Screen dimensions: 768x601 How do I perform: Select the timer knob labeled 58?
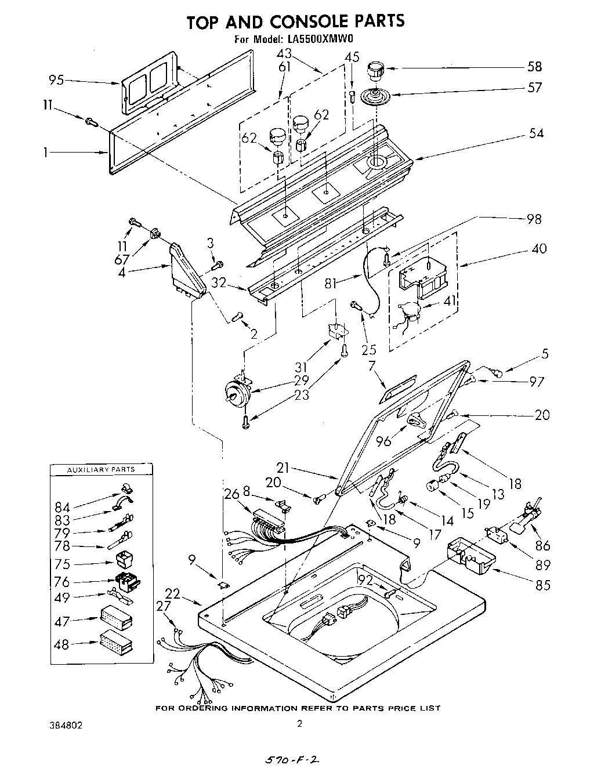pyautogui.click(x=375, y=73)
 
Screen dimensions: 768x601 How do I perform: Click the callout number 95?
pyautogui.click(x=57, y=80)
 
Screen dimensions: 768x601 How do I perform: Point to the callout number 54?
pyautogui.click(x=536, y=133)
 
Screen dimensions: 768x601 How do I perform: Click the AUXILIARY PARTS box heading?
pyautogui.click(x=102, y=469)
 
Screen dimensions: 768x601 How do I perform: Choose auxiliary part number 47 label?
pyautogui.click(x=62, y=621)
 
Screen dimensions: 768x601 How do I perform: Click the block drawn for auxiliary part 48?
pyautogui.click(x=115, y=642)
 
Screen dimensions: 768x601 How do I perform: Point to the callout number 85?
pyautogui.click(x=543, y=585)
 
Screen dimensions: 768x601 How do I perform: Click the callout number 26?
pyautogui.click(x=232, y=494)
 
